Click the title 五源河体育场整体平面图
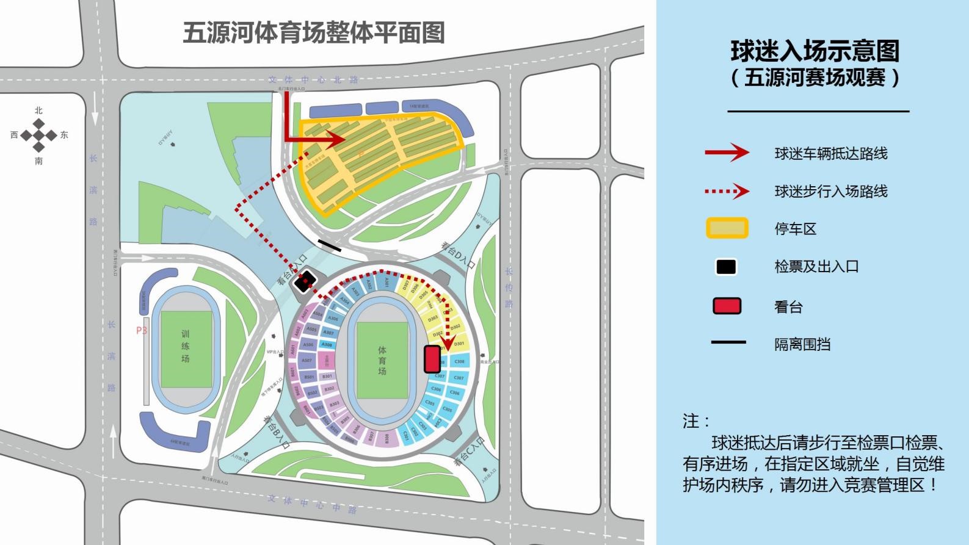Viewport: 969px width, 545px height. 314,33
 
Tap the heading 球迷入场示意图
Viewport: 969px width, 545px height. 815,51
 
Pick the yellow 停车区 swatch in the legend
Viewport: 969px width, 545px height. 727,228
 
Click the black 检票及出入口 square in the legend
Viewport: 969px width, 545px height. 726,267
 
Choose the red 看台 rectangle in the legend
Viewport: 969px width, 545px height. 727,306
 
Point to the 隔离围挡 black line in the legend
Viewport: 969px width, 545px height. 728,342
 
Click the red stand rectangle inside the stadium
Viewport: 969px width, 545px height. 432,359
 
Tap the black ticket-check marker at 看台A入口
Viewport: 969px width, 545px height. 305,281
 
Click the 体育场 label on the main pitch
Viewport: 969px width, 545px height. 382,360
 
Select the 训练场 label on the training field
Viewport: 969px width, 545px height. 185,346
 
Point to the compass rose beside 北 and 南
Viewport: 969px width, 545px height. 38,135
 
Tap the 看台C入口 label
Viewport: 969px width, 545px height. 469,452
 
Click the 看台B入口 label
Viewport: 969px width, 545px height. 277,431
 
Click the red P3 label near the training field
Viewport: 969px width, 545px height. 142,330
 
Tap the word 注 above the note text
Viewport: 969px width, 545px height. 691,420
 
